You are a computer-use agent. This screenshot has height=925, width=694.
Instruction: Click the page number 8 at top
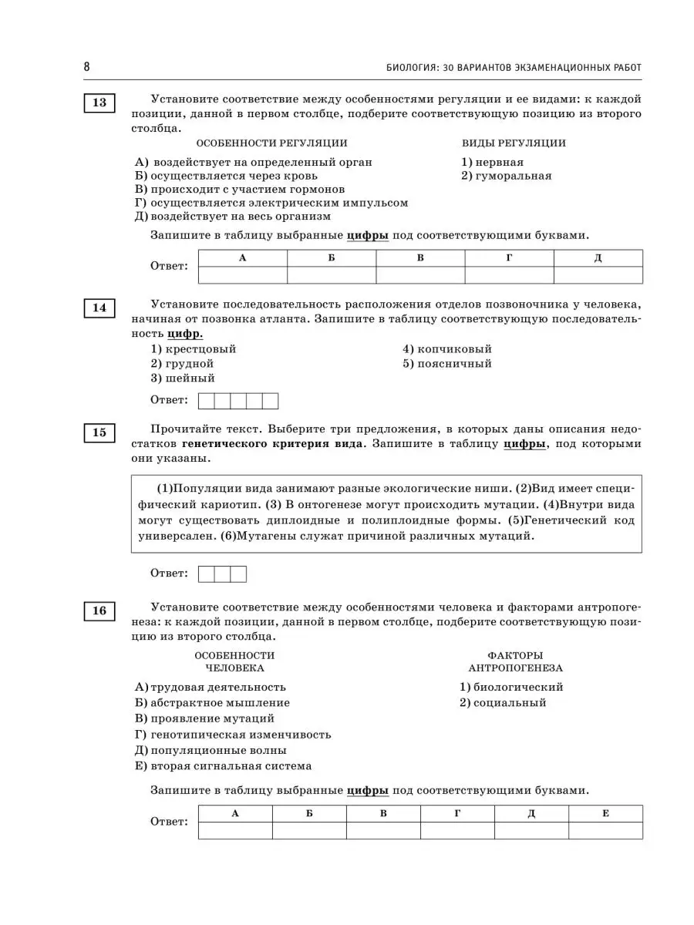click(x=87, y=67)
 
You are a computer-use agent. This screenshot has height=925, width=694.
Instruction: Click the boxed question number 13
click(x=99, y=103)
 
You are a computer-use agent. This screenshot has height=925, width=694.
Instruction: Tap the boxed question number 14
click(x=99, y=308)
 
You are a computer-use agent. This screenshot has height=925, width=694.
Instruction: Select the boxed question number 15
click(x=99, y=432)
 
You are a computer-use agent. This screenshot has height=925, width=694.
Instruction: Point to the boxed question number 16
click(x=99, y=611)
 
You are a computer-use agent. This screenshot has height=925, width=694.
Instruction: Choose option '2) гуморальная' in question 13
click(x=506, y=176)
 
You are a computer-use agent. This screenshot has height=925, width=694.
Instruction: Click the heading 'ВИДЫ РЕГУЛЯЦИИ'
click(x=514, y=143)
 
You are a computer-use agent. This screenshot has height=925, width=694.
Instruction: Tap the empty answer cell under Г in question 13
click(x=509, y=275)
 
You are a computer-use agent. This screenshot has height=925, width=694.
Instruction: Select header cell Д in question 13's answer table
click(x=598, y=258)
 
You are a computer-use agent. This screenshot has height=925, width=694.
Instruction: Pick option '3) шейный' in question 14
click(x=183, y=378)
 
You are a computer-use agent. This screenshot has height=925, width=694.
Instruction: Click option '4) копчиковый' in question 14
click(x=446, y=349)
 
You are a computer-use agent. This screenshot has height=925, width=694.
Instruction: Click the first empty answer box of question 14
click(x=207, y=401)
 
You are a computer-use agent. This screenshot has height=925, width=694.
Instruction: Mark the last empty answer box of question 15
click(x=238, y=574)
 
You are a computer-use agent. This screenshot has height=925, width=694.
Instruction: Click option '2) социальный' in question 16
click(x=503, y=703)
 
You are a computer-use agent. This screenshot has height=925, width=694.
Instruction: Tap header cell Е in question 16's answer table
click(x=605, y=813)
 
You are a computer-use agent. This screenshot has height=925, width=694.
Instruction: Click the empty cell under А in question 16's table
click(x=235, y=830)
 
